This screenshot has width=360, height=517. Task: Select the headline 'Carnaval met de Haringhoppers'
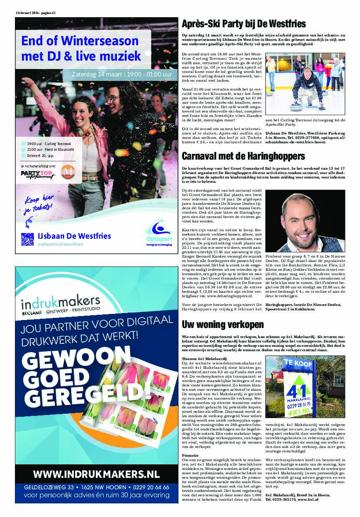point(243,157)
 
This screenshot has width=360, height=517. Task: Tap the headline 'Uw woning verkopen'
point(223,324)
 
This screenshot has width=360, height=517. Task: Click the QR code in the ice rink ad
point(27,239)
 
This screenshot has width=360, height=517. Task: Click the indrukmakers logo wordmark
point(61,303)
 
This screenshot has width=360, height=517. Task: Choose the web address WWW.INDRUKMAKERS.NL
point(96,473)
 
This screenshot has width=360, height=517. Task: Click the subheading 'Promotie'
point(189,455)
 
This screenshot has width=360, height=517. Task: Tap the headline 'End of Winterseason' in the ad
point(80,41)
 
